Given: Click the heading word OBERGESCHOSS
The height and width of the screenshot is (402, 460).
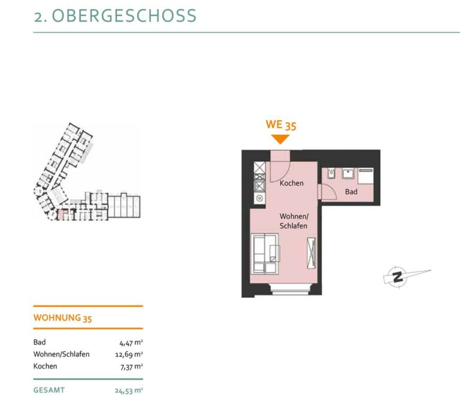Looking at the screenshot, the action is point(124,16).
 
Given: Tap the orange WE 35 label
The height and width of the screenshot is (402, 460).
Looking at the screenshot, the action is point(281,125).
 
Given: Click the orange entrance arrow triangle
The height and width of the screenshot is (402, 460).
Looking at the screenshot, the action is point(280,139).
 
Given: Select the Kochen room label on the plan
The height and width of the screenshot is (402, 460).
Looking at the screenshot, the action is point(291,183).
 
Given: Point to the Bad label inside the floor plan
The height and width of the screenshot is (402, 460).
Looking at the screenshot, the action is point(351,192).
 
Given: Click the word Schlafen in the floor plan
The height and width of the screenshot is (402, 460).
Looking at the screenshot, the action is point(293,226).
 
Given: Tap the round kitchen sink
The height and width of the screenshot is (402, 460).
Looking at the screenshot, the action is point(259,198).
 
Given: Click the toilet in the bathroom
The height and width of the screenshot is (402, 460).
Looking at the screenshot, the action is point(331,173).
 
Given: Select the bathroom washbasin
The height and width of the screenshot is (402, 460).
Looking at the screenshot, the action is point(348,173).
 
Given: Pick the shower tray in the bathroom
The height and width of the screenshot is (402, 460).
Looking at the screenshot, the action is point(365,177).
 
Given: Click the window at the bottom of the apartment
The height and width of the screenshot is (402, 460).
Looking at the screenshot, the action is point(289,289).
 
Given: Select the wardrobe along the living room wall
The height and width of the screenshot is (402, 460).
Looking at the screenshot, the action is point(311,253).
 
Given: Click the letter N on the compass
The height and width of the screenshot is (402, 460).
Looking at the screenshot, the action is point(398,277).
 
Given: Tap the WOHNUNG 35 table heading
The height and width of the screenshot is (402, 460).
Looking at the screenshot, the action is point(62,318).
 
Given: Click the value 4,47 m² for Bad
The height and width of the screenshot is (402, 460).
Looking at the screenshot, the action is point(131,343).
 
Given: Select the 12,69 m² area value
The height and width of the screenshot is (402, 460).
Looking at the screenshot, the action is point(129,355).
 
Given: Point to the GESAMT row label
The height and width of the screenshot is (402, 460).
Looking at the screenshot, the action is point(49,390).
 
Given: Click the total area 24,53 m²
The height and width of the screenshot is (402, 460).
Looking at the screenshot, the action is point(129,391).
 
